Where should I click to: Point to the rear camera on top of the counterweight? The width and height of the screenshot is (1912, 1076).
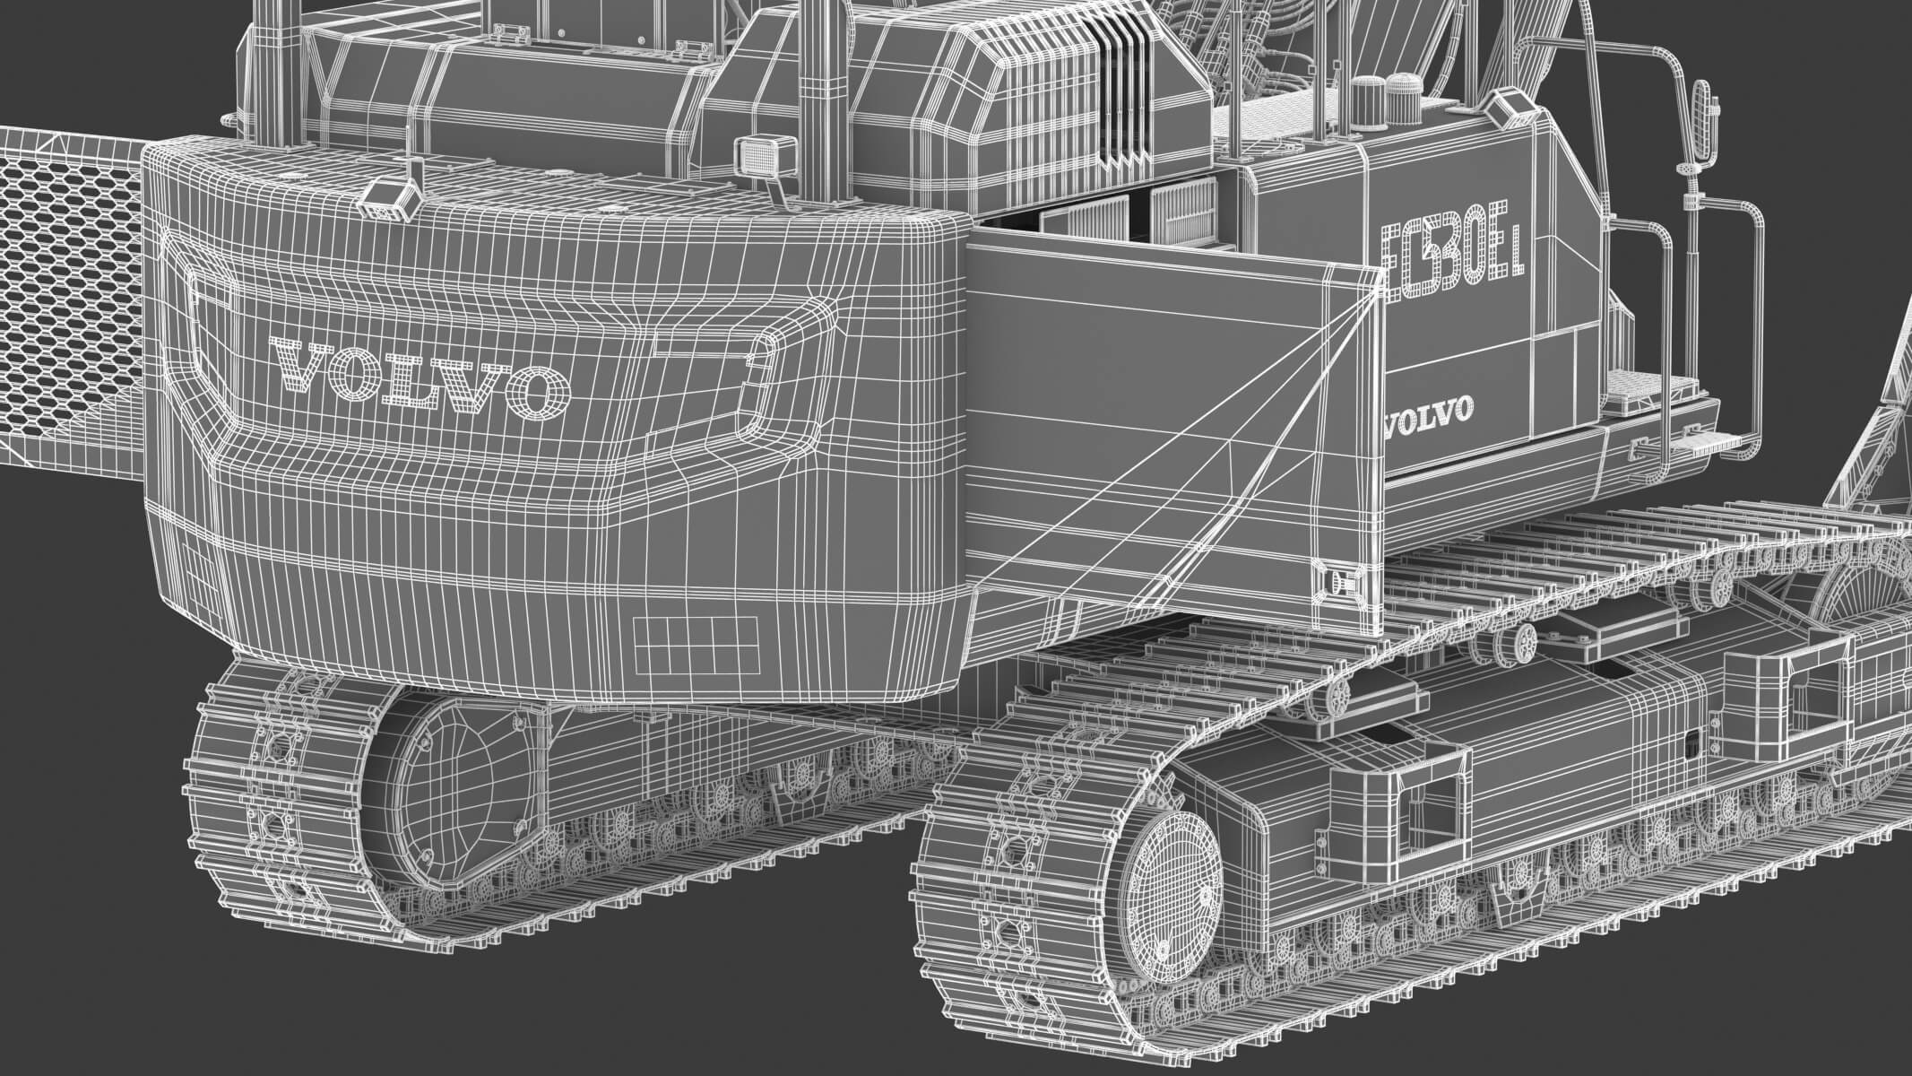point(393,196)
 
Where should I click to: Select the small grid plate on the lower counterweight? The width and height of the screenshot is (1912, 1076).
point(695,645)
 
